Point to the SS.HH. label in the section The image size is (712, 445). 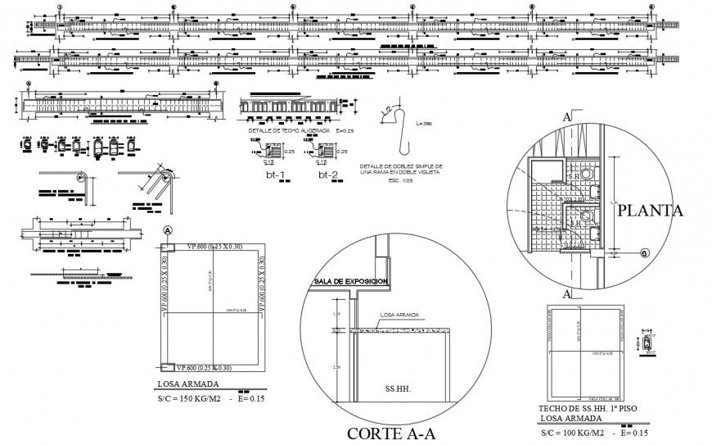(396, 387)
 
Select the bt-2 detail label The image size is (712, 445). (328, 175)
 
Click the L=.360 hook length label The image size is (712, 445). (423, 124)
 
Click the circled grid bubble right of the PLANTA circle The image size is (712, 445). (645, 253)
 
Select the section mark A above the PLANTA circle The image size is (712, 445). (564, 117)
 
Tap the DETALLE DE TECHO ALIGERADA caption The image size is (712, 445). (289, 131)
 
